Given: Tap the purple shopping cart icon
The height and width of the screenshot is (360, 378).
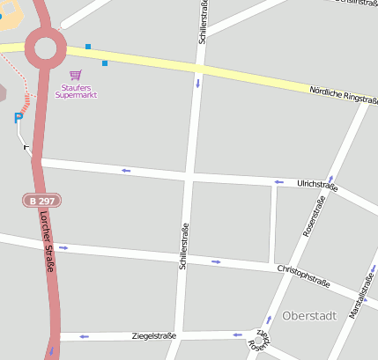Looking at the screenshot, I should (75, 75).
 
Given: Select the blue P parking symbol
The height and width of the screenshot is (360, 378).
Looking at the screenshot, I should (18, 118).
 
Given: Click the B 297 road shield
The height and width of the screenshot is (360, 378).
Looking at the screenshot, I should (42, 202).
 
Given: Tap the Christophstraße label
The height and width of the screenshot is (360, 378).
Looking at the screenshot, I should (303, 276).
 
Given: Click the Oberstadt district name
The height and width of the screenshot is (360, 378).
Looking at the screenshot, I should (308, 315).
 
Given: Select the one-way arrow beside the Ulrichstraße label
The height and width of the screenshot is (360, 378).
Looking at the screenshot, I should (278, 182).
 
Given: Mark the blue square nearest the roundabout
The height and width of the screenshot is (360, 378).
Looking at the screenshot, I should (88, 46).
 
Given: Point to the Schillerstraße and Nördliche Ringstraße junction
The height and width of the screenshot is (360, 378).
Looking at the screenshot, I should (200, 68).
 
